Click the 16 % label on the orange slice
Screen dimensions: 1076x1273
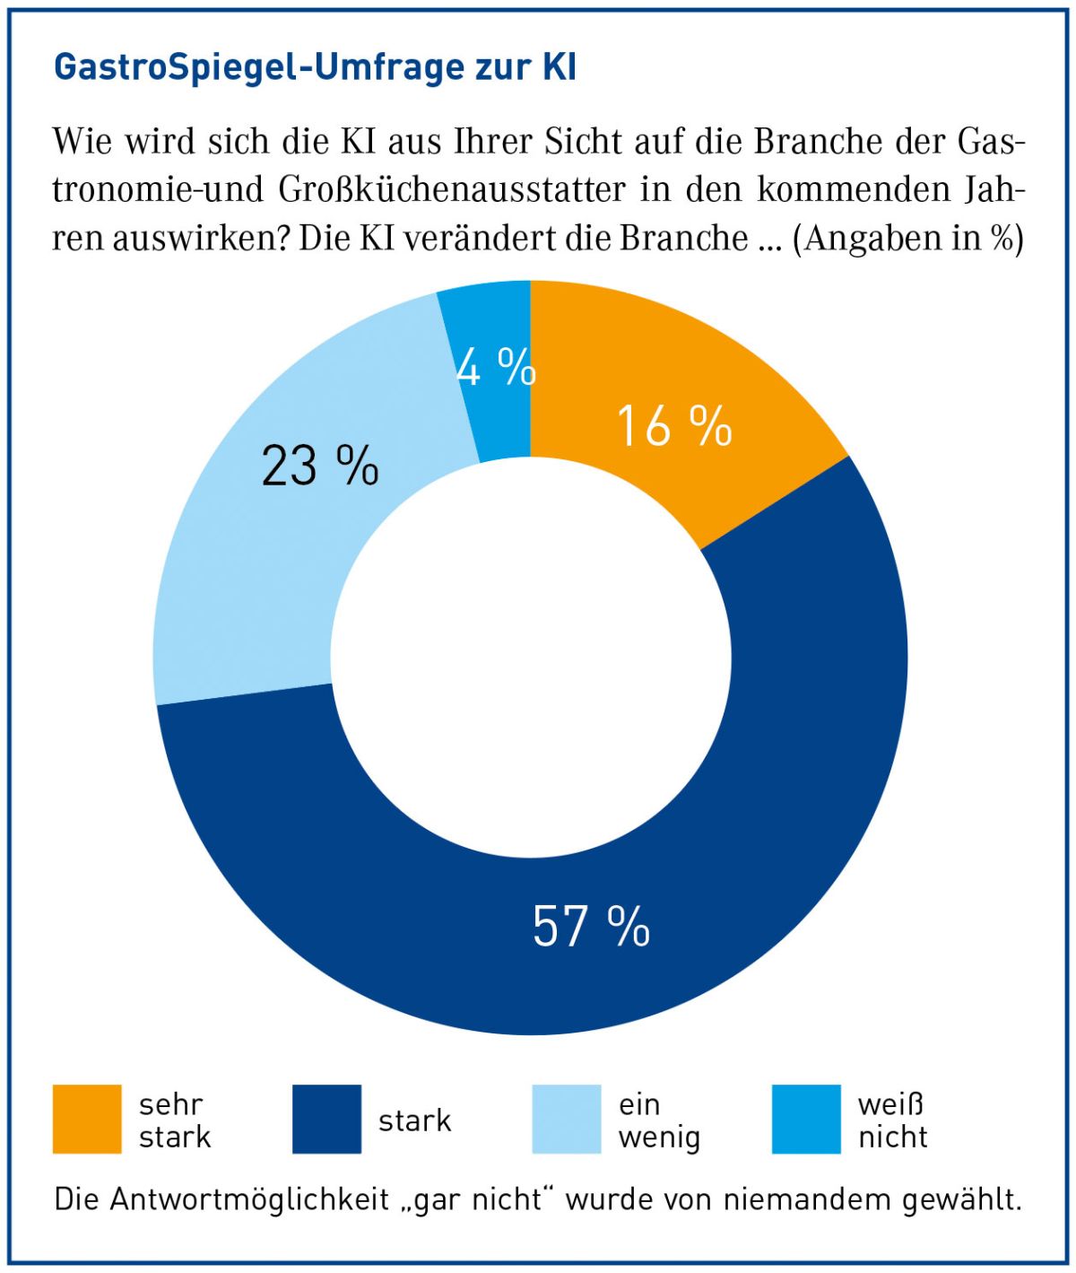674,425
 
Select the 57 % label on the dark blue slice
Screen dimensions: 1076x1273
591,926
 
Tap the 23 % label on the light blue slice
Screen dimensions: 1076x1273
319,466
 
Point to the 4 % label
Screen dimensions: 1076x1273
496,367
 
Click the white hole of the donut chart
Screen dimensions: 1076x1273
531,657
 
